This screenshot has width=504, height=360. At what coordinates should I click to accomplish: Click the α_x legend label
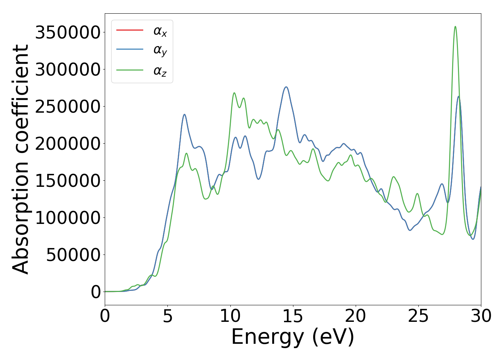click(x=160, y=31)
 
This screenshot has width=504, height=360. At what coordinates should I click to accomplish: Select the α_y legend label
click(x=160, y=51)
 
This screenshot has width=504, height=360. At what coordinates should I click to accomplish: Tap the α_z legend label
click(x=160, y=71)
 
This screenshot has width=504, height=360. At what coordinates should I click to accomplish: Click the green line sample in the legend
click(x=130, y=70)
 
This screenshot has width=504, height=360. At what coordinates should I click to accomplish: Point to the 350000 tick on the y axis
click(x=68, y=32)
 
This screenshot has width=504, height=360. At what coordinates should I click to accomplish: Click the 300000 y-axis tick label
click(x=68, y=69)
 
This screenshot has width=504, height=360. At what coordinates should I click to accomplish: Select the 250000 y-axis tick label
click(x=68, y=107)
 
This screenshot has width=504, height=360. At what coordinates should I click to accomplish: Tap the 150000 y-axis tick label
click(x=68, y=181)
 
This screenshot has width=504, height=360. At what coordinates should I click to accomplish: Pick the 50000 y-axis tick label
click(x=73, y=255)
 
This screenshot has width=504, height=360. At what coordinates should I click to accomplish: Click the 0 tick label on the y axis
click(x=96, y=292)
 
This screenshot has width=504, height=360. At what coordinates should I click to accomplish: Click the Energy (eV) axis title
click(x=293, y=337)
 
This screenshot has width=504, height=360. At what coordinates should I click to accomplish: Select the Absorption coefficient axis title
click(x=21, y=159)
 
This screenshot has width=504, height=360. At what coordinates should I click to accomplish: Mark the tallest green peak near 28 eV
click(x=455, y=26)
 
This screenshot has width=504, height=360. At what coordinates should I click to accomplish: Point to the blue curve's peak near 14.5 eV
click(x=286, y=87)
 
